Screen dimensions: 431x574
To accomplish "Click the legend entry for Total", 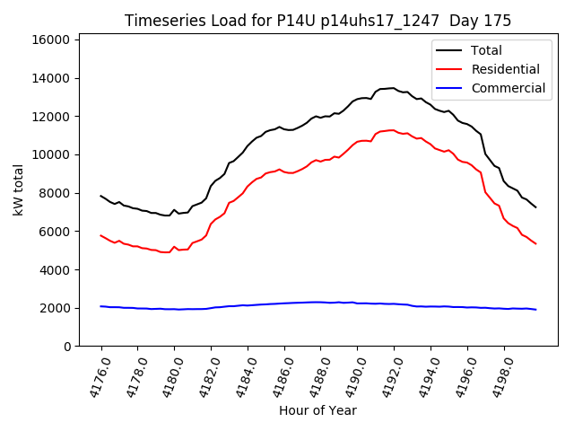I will click(486, 50).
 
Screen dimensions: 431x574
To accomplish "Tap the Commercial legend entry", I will click(508, 88).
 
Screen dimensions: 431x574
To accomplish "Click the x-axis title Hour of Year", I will click(317, 410).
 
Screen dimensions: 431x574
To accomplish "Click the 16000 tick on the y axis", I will click(50, 40).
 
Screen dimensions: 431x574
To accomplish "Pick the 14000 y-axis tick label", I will click(50, 78).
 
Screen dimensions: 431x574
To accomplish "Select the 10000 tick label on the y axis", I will click(50, 154).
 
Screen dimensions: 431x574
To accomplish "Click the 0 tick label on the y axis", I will click(67, 347).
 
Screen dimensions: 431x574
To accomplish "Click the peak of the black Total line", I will click(392, 88).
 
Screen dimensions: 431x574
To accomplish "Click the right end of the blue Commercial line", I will click(536, 310).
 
